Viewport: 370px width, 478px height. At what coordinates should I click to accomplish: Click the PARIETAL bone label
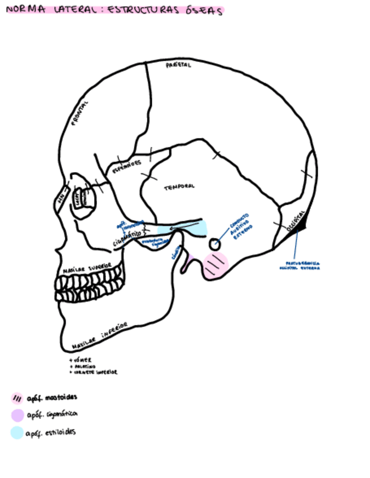tap(178, 65)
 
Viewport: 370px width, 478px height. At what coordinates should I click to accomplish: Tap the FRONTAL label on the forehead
tap(81, 114)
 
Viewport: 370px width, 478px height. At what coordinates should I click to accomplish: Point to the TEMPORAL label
tap(179, 187)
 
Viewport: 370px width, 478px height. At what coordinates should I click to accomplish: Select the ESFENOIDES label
tap(126, 165)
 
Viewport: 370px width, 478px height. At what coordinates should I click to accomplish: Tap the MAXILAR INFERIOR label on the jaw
tap(99, 336)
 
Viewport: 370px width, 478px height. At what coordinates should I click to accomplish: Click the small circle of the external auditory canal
tap(215, 245)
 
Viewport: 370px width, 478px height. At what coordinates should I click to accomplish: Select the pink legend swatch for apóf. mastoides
tap(17, 398)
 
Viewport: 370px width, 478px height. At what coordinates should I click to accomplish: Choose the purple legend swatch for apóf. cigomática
tap(17, 415)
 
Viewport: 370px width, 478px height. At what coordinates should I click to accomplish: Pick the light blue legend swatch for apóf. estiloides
tap(17, 433)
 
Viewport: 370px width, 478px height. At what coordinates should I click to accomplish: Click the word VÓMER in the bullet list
tap(83, 360)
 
